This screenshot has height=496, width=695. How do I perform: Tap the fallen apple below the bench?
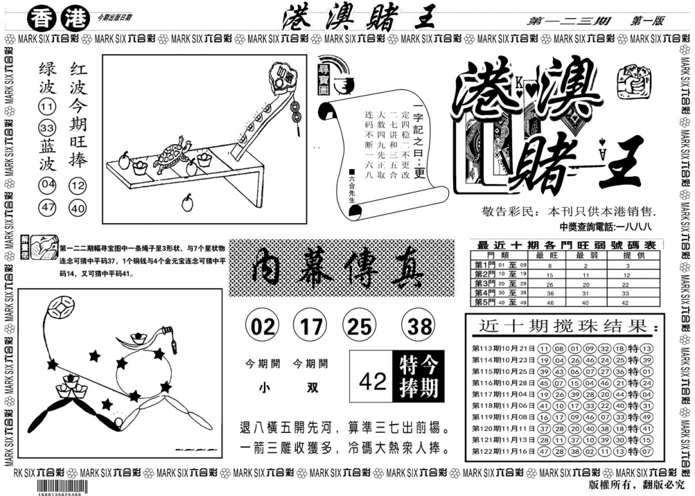187,203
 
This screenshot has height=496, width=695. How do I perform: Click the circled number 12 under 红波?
79,186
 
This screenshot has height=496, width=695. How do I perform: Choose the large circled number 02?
263,327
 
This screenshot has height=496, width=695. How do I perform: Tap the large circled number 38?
419,327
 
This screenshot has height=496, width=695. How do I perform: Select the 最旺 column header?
550,255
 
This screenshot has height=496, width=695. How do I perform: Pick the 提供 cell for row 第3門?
625,283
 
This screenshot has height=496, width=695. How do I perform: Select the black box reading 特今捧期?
418,377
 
